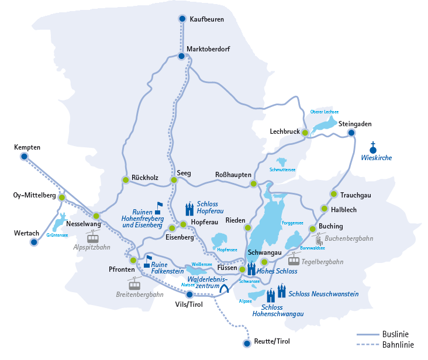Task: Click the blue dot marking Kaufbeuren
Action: tap(182, 19)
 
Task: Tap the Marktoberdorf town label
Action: tap(213, 49)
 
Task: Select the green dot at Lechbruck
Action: tap(305, 133)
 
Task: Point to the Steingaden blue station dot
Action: tap(351, 133)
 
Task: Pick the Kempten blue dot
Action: tap(24, 157)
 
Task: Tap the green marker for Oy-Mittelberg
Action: tap(61, 198)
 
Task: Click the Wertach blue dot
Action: tap(34, 242)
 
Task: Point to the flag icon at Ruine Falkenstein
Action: tap(149, 259)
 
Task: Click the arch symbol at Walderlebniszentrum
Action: tap(224, 288)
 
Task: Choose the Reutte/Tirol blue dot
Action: tap(247, 343)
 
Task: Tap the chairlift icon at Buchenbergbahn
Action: tap(319, 240)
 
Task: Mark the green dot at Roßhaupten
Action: tap(253, 184)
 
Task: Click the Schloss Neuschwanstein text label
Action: tap(323, 294)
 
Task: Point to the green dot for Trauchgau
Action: tap(333, 194)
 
